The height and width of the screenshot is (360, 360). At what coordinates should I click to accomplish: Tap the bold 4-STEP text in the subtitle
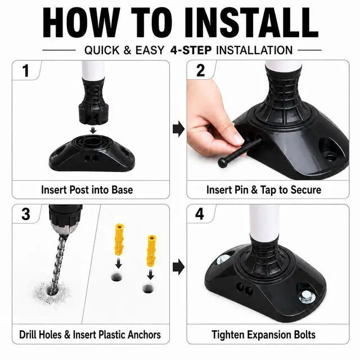pos(191,50)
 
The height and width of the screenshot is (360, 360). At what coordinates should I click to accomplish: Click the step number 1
pos(26,71)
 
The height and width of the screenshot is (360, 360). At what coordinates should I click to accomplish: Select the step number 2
pos(200,71)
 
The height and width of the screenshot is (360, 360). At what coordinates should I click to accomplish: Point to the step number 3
pos(26,214)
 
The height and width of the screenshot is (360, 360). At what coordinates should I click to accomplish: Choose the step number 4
pos(200,214)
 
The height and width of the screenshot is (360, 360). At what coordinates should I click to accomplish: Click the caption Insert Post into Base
pos(87,190)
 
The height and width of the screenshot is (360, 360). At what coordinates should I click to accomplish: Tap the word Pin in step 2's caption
pos(241,190)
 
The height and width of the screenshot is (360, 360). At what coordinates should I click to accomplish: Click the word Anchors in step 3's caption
pos(144,335)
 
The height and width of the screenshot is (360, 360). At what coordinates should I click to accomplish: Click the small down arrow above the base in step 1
pos(93,130)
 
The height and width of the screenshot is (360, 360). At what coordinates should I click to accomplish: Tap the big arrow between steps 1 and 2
pos(178,129)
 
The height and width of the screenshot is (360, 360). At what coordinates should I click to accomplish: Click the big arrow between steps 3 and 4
pos(178,267)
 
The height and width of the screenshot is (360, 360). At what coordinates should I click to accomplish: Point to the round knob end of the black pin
pos(223,163)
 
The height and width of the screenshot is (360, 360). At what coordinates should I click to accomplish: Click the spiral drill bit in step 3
pos(57,264)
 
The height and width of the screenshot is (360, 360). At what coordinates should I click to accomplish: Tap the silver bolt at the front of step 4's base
pos(306,297)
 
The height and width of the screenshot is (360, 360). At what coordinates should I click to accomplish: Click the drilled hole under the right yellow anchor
pos(148,288)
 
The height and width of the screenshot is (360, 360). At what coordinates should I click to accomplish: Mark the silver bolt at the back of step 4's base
pos(222,259)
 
